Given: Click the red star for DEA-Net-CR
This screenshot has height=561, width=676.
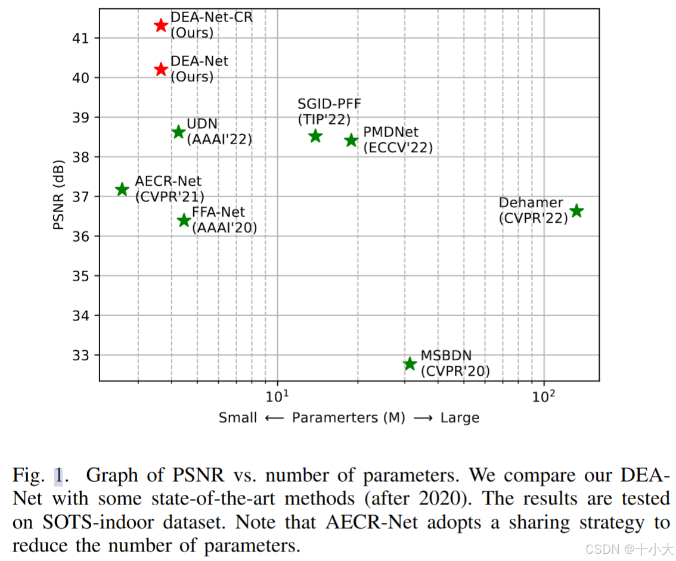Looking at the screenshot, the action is pos(161,25).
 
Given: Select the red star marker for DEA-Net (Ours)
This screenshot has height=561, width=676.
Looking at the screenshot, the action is pos(161,69).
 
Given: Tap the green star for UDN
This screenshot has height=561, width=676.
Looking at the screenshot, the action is pos(178,132).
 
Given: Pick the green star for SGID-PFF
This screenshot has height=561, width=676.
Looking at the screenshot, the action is pos(315,136).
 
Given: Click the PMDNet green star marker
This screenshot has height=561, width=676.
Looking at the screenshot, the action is pos(351,140).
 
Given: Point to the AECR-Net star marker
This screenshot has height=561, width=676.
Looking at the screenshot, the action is pos(122,189).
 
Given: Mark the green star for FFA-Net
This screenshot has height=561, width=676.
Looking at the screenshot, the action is pos(184,220).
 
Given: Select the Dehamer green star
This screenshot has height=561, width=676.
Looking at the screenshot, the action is pos(576,211).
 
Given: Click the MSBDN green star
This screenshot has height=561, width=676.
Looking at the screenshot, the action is pos(410,363).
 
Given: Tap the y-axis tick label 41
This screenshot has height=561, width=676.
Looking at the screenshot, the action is pos(80,38).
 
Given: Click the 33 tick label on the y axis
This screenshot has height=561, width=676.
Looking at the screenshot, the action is pos(80,355).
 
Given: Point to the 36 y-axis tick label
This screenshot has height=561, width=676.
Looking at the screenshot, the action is pos(80,236).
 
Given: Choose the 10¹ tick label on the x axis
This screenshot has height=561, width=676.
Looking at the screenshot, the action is pos(277,395).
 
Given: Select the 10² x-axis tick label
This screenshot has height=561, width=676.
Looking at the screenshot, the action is pos(543,395).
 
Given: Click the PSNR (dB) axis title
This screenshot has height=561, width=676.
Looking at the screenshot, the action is pos(58,195).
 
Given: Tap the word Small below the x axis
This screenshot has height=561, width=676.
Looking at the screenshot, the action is pos(237,417).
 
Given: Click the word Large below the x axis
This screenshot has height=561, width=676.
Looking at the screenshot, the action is pos(460,417).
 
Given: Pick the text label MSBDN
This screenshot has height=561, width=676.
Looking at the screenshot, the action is pos(446,355).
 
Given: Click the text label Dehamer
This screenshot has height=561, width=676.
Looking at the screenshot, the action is pos(531,202).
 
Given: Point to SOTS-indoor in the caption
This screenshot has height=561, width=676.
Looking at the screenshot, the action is pos(98,522).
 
